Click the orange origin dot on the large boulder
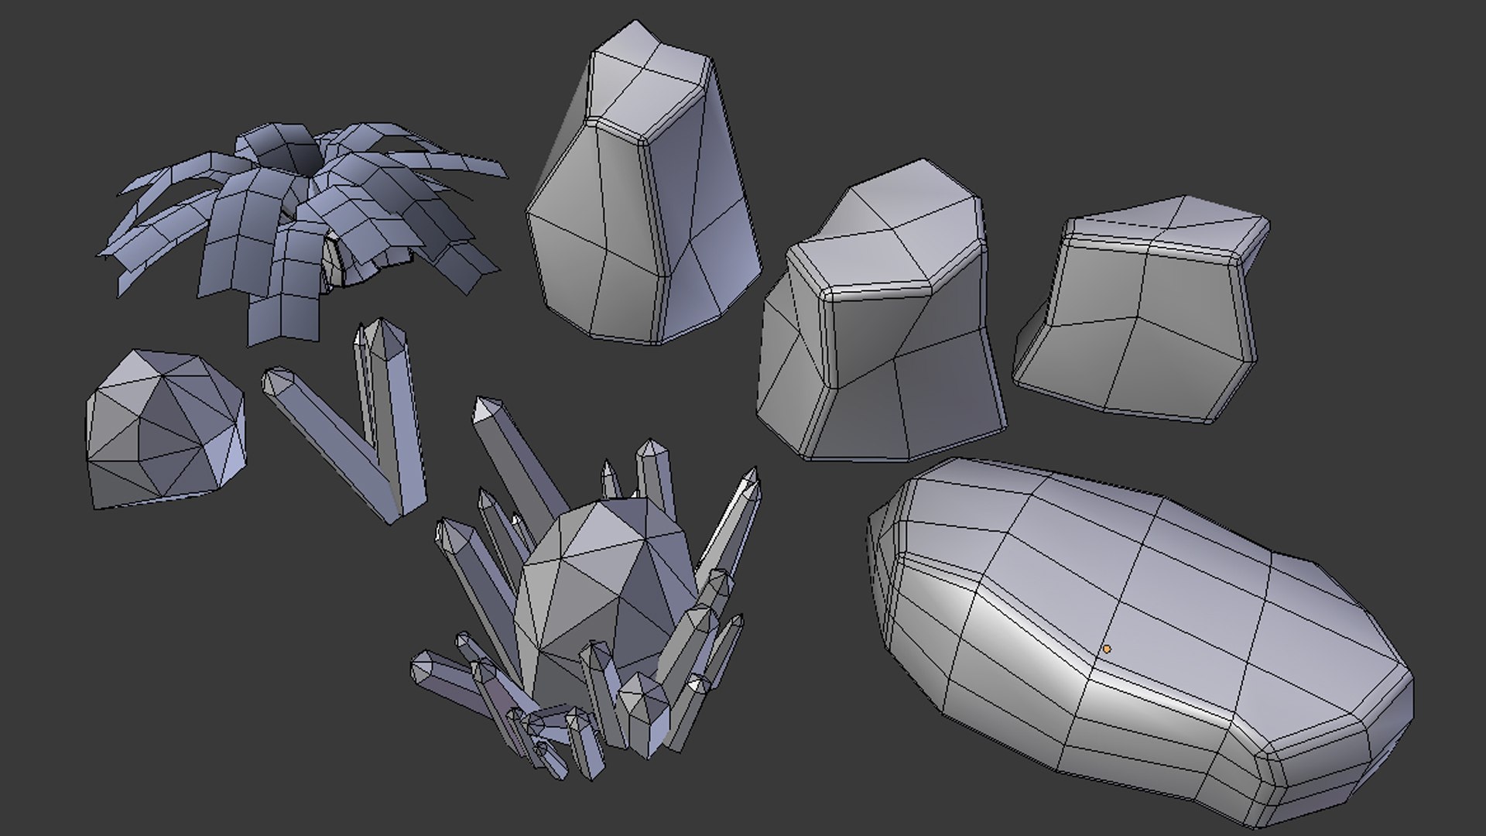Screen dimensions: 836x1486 click(1107, 649)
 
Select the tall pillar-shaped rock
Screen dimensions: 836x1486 click(642, 201)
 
